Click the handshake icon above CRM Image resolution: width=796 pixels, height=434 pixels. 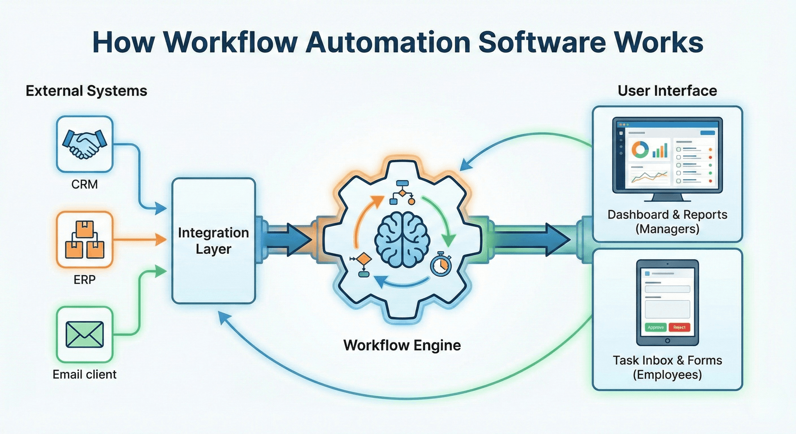85,144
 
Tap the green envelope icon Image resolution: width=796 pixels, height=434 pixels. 85,334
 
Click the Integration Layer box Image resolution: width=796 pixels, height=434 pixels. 214,241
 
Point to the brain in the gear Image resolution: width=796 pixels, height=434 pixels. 402,240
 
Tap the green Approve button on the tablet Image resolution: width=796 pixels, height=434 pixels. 655,327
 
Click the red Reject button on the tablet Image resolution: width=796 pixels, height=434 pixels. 679,327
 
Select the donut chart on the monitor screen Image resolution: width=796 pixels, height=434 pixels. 640,149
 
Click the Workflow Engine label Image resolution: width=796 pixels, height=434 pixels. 402,345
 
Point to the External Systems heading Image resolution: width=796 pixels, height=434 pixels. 86,91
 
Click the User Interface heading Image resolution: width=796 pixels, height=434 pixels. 667,91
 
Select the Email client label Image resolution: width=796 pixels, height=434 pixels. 85,374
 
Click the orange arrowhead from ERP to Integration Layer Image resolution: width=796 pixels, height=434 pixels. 161,240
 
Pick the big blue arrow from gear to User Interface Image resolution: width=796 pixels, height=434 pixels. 535,240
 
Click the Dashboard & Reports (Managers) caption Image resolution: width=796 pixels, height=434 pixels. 667,221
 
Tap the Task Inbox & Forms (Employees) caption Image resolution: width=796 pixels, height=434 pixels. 667,367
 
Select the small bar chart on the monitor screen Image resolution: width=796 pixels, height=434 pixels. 660,151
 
